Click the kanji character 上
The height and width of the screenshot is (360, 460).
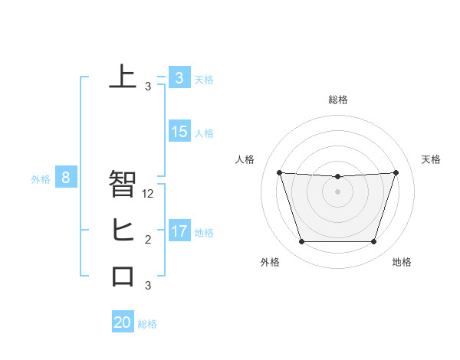click(x=123, y=77)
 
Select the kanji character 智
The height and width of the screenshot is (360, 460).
click(x=123, y=185)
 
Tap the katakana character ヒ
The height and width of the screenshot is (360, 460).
click(x=123, y=231)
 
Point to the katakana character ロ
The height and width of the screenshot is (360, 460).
click(x=123, y=276)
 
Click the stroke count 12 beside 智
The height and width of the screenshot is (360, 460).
click(x=148, y=195)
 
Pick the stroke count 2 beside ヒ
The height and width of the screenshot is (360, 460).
click(x=148, y=241)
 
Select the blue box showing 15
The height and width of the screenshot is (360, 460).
click(x=179, y=132)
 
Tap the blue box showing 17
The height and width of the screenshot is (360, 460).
click(x=179, y=231)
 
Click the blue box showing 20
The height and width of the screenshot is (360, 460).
click(x=123, y=322)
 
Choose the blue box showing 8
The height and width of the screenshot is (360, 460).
click(x=66, y=178)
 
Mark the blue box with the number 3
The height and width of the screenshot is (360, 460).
click(x=179, y=77)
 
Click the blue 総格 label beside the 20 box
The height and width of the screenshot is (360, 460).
click(x=147, y=324)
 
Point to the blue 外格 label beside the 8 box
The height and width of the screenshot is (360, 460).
click(x=41, y=180)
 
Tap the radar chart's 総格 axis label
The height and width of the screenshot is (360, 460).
click(x=337, y=100)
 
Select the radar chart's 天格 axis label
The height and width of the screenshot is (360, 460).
click(x=432, y=159)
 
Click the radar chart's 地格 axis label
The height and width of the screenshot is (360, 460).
click(x=402, y=263)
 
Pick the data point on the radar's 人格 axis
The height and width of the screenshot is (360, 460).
click(x=279, y=172)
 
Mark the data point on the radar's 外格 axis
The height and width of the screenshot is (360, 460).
click(x=301, y=242)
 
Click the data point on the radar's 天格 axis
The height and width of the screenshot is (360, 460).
click(x=396, y=172)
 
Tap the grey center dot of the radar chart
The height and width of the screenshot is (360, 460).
click(x=337, y=191)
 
